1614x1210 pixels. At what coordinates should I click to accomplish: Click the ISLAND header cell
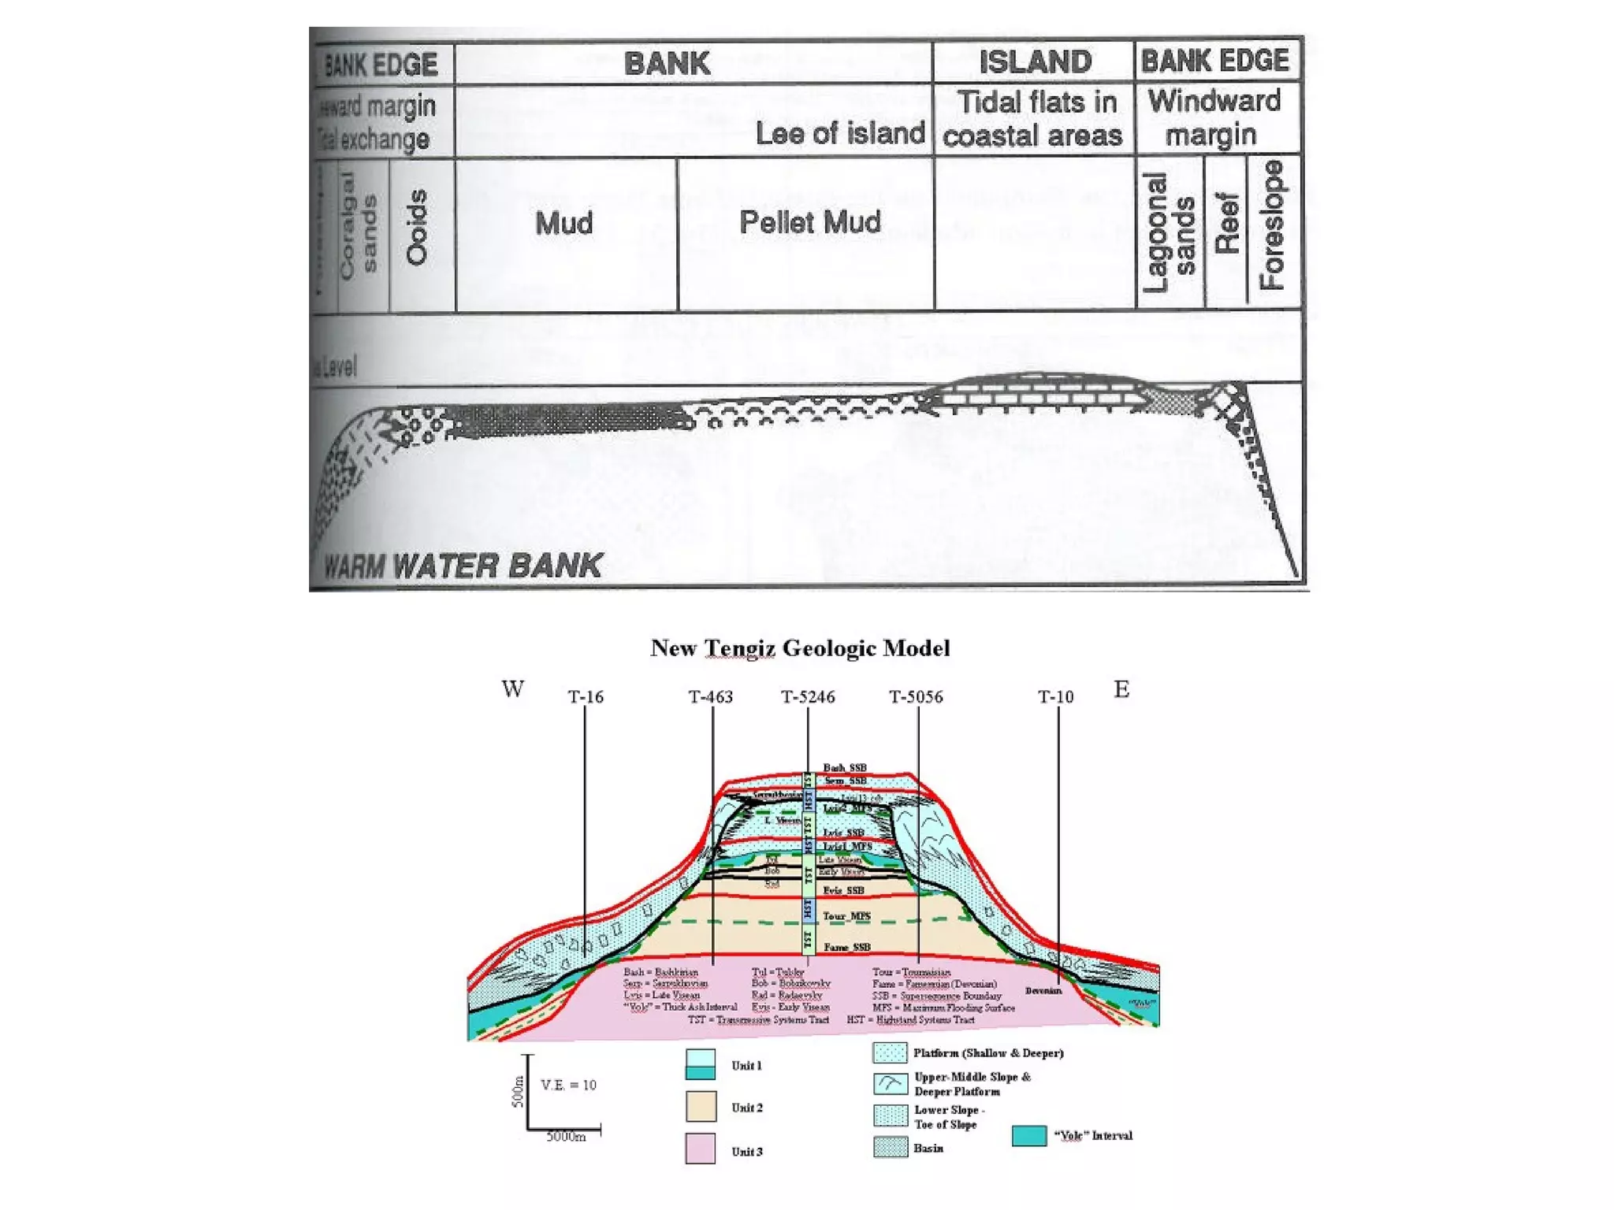1035,61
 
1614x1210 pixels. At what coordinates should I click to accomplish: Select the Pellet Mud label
809,222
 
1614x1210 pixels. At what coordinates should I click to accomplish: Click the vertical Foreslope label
1272,225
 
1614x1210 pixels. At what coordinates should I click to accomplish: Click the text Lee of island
840,133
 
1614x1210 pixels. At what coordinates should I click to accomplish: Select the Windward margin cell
1214,117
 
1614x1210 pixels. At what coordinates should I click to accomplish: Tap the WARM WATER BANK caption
463,566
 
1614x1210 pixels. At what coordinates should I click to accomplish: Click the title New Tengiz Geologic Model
800,648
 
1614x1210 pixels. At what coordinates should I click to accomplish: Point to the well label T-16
586,696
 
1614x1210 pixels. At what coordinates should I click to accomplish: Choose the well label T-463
710,696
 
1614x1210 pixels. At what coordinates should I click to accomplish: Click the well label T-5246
808,696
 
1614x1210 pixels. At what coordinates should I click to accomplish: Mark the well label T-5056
916,696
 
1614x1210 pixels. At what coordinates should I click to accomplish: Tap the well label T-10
1055,696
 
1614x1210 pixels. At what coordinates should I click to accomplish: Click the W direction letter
512,689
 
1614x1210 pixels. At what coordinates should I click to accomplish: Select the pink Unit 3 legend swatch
701,1149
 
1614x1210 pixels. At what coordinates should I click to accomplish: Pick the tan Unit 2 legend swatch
701,1106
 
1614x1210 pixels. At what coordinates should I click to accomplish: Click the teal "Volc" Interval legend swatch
1029,1135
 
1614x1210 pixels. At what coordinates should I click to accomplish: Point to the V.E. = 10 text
568,1085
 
